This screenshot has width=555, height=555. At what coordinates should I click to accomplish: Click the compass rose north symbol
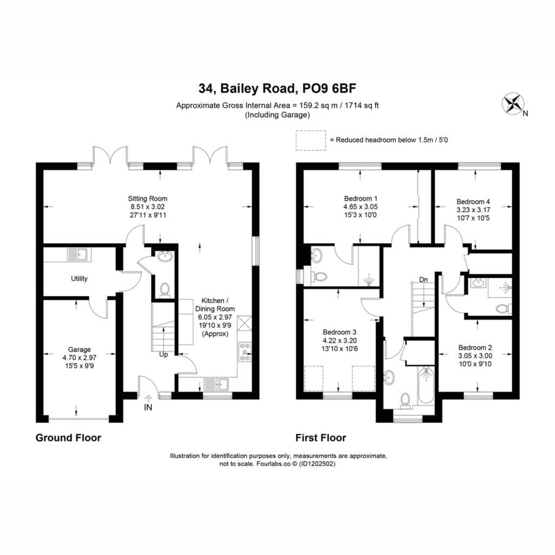pyautogui.click(x=513, y=104)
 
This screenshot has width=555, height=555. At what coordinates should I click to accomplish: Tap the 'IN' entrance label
pyautogui.click(x=148, y=408)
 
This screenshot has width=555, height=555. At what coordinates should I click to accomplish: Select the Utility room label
pyautogui.click(x=79, y=279)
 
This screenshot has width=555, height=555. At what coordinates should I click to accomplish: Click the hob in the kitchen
pyautogui.click(x=245, y=351)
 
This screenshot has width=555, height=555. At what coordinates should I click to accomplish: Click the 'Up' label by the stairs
pyautogui.click(x=164, y=354)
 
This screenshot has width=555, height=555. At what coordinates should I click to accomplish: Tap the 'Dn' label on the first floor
pyautogui.click(x=423, y=280)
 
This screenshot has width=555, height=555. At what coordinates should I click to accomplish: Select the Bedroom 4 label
pyautogui.click(x=473, y=202)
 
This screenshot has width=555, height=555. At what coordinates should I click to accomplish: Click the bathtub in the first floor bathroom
pyautogui.click(x=426, y=385)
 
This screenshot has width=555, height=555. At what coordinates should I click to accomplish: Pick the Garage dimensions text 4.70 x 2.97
pyautogui.click(x=80, y=358)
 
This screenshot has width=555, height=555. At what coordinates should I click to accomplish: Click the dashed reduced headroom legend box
pyautogui.click(x=311, y=140)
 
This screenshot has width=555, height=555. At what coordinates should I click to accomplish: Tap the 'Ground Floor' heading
pyautogui.click(x=68, y=438)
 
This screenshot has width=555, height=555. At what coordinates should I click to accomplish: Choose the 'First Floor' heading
pyautogui.click(x=321, y=438)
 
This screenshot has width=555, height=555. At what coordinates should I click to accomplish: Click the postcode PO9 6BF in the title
pyautogui.click(x=329, y=88)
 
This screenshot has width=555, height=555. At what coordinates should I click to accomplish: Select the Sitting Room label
pyautogui.click(x=147, y=198)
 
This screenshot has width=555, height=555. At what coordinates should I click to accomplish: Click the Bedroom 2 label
pyautogui.click(x=475, y=347)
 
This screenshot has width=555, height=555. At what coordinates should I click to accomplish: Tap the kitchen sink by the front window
pyautogui.click(x=216, y=384)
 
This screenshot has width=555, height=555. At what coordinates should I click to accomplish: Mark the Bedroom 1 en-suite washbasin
pyautogui.click(x=316, y=255)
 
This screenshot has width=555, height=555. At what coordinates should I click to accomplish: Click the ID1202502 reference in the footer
pyautogui.click(x=317, y=464)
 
